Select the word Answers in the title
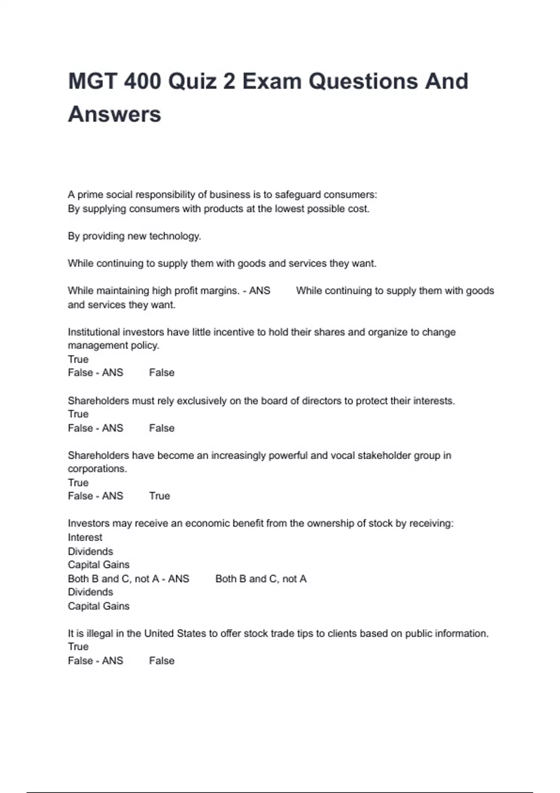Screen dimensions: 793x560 [114, 114]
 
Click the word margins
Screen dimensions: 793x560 [222, 291]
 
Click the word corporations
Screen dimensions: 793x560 [97, 469]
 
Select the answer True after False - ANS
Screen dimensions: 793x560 [160, 496]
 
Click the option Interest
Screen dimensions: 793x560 [85, 537]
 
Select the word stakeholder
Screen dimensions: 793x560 [385, 455]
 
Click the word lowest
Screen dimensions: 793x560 [289, 209]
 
